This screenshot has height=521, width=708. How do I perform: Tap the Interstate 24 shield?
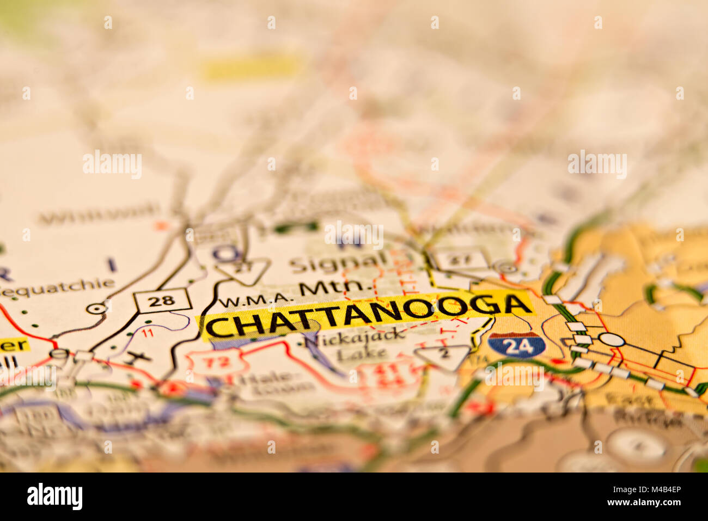coord(516,345)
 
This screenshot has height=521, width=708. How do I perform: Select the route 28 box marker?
coord(163,301)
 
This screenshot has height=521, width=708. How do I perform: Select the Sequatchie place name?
coord(57,287)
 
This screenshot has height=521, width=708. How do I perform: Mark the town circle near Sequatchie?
coord(96,308)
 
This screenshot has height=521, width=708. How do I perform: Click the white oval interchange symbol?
coord(612,340)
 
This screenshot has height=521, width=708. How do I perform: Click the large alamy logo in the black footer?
coord(54,497)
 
